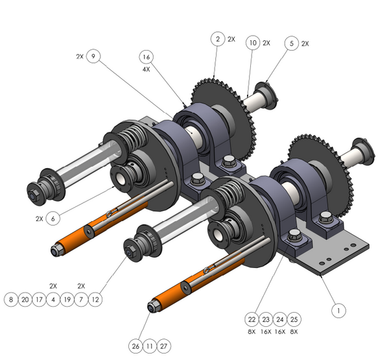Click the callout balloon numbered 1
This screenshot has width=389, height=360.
(x=338, y=310)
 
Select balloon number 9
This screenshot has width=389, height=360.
(x=93, y=56)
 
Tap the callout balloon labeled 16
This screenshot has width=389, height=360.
(x=147, y=57)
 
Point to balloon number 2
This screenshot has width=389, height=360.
(x=218, y=39)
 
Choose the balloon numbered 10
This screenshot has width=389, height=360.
(x=253, y=43)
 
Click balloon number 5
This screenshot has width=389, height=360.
(x=292, y=43)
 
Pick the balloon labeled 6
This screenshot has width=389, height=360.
(x=53, y=219)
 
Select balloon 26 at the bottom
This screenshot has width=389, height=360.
(x=136, y=346)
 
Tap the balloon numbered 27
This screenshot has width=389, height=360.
(x=164, y=346)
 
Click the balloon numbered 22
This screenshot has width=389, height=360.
(x=252, y=319)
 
